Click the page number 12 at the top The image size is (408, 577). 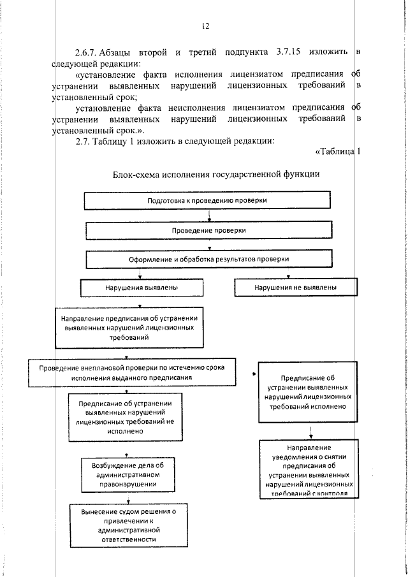pos(204,26)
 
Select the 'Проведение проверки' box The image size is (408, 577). pos(209,230)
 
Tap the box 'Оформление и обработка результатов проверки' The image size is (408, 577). pos(209,259)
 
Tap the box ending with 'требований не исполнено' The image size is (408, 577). pos(126,416)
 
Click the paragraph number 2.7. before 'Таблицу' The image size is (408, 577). pos(84,141)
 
